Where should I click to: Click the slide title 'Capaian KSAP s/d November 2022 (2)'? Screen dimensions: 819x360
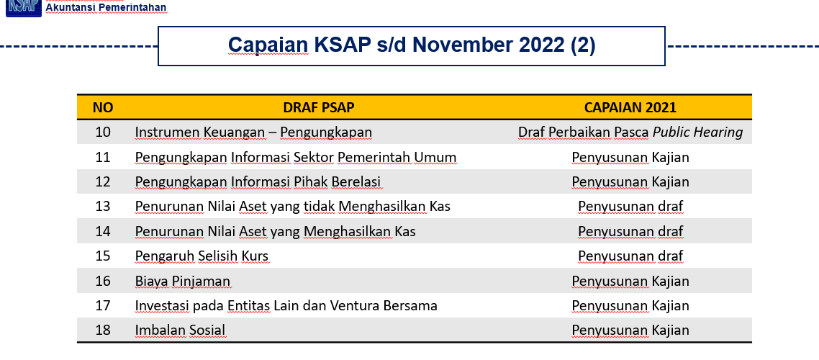tap(412, 45)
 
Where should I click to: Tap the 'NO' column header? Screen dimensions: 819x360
tap(103, 107)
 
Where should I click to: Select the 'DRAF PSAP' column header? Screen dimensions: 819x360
tap(319, 107)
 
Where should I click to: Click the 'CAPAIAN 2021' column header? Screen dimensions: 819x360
tap(630, 107)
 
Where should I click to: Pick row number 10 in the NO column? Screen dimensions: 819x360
tap(103, 132)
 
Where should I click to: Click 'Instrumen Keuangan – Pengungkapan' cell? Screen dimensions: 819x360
tap(253, 132)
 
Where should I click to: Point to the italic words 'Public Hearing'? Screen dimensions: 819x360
tap(698, 132)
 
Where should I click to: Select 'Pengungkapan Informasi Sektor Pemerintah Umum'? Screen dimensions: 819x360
tap(296, 157)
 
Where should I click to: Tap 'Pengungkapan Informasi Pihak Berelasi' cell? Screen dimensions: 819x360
tap(258, 182)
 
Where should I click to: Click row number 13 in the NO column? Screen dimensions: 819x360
tap(103, 207)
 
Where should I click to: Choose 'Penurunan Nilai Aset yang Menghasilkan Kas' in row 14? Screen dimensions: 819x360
tap(275, 231)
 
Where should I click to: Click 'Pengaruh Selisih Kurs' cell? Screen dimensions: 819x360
tap(202, 256)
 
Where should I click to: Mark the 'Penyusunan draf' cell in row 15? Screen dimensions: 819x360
tap(630, 256)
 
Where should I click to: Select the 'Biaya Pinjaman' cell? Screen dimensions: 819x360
tap(182, 281)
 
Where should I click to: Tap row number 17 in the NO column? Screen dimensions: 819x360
tap(103, 306)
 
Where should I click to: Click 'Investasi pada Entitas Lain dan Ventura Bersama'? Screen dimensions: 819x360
tap(286, 306)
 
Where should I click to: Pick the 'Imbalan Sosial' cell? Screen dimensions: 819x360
tap(180, 330)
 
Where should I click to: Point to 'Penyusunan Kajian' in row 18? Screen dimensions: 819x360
tap(630, 330)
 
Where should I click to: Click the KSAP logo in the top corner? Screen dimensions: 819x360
tap(24, 8)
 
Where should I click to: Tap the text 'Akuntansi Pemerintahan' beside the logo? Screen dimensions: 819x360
tap(106, 7)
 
